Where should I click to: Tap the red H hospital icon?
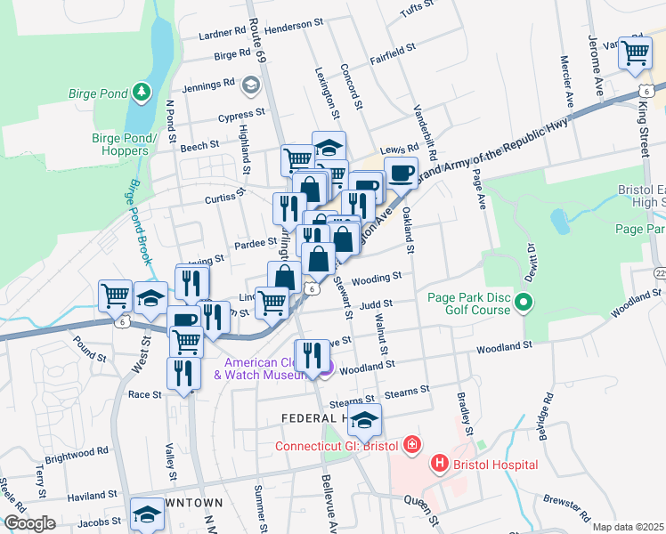click(x=438, y=464)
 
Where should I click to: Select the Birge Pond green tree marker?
click(x=140, y=92)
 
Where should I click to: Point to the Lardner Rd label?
click(x=223, y=32)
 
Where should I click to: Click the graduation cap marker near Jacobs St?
click(x=147, y=514)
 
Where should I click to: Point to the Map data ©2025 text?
click(x=628, y=527)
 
